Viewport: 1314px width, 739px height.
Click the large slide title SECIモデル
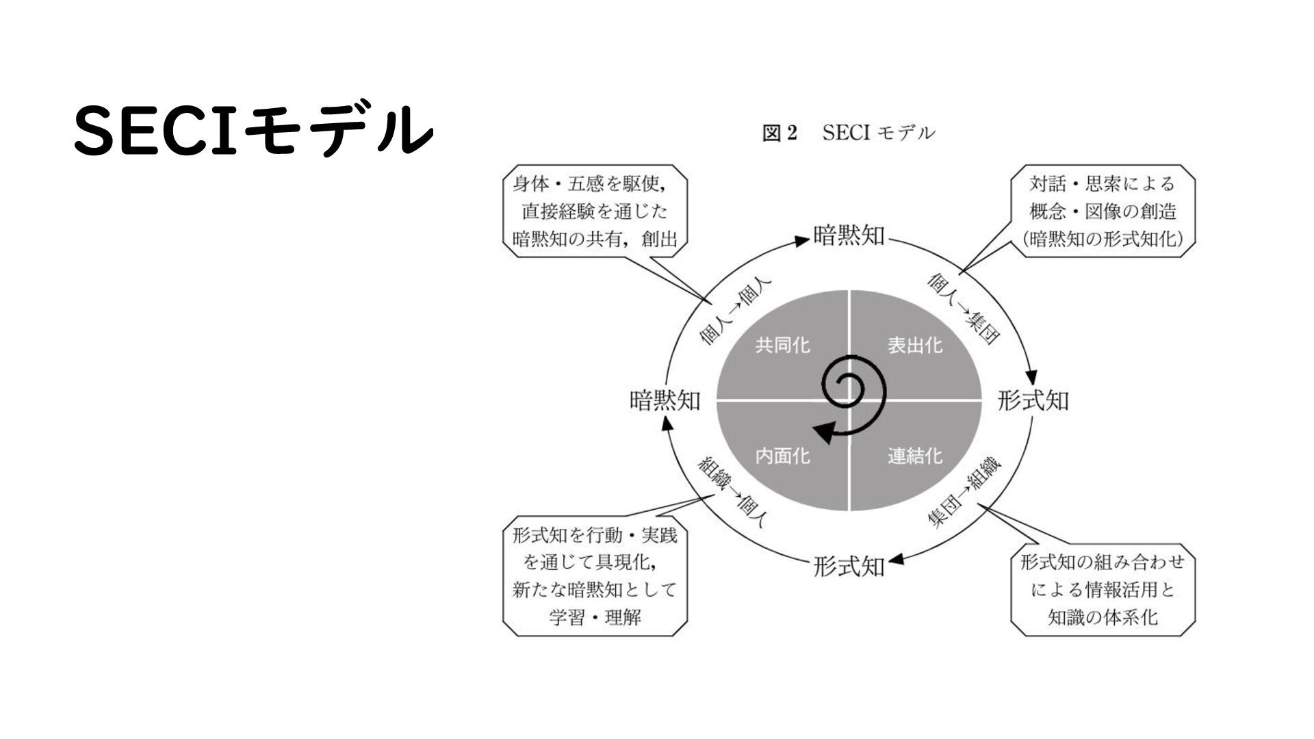pos(253,130)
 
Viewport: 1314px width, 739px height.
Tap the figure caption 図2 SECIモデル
pos(848,133)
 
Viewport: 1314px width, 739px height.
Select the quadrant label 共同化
pos(782,345)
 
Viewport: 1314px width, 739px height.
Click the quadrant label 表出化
pos(915,345)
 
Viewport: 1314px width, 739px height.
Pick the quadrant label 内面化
pos(782,456)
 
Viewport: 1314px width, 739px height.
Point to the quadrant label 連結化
pos(915,456)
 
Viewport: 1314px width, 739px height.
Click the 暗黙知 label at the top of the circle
pos(849,236)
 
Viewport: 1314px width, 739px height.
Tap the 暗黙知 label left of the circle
pos(665,400)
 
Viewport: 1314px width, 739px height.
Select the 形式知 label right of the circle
pos(1033,400)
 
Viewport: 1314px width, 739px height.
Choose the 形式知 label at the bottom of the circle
pos(849,567)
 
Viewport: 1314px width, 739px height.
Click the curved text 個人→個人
pos(736,310)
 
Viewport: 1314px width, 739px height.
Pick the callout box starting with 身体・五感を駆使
pos(595,211)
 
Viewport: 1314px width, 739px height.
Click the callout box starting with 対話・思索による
pos(1103,211)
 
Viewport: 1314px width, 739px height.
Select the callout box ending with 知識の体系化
pos(1103,589)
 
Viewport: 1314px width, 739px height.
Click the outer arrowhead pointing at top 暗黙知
pos(801,240)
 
